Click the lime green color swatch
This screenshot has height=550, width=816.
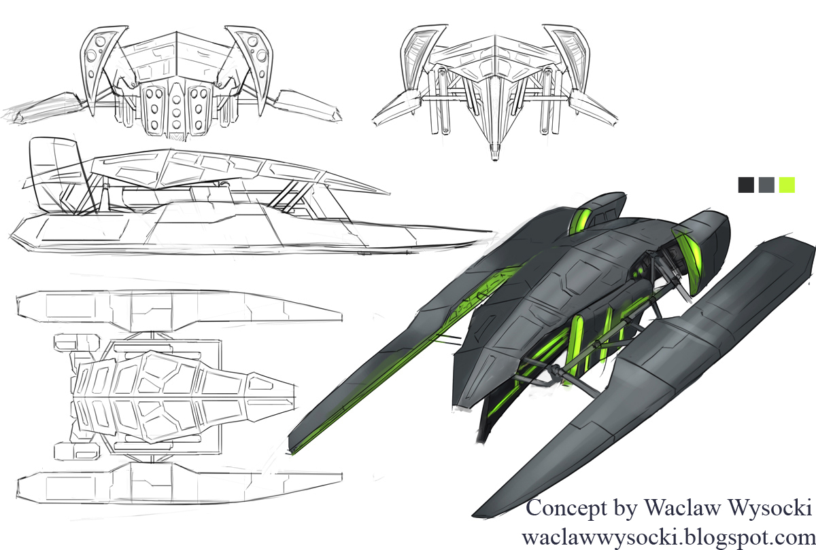[x=787, y=185]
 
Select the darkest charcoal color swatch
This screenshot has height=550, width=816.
[x=746, y=185]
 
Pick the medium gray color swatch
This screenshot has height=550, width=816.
[x=766, y=185]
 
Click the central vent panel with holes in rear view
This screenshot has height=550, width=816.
[x=176, y=109]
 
